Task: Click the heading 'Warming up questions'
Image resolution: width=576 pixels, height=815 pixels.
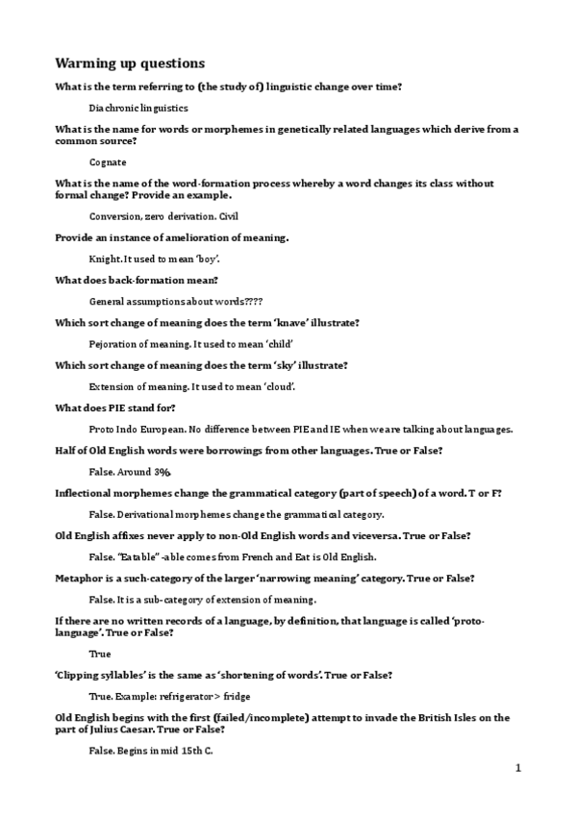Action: [129, 63]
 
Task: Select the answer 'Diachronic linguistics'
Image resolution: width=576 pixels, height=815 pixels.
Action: [138, 109]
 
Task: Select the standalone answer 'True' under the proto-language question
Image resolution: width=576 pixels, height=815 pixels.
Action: [99, 654]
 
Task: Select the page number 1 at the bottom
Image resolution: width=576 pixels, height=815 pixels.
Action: [517, 768]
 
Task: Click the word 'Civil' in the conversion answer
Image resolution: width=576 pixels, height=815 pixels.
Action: [228, 216]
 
